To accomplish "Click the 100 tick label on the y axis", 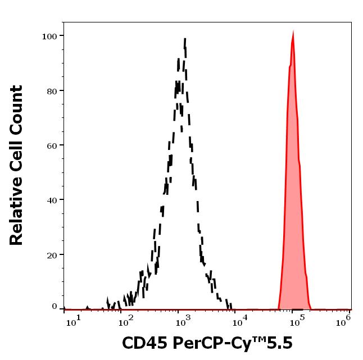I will [x=49, y=37].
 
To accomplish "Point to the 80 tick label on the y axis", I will [x=52, y=91].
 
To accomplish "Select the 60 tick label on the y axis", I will [x=52, y=145].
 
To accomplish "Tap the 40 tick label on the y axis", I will [x=52, y=200].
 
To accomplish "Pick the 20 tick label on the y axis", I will [x=52, y=254].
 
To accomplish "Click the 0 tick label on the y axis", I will [x=55, y=307].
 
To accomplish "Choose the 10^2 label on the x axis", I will [x=126, y=322].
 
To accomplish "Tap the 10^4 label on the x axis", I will [x=240, y=322].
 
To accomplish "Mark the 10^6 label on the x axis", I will [x=344, y=320].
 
